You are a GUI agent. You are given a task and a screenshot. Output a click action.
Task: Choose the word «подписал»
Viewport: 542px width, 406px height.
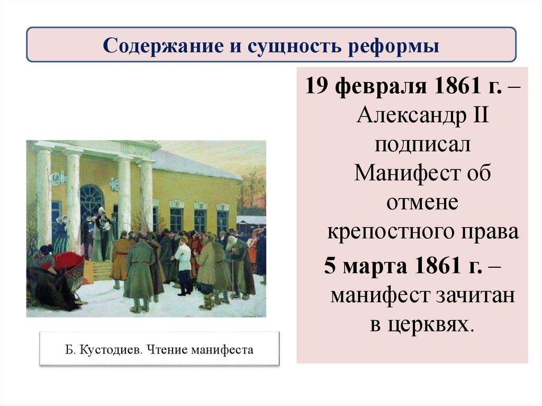coord(421,144)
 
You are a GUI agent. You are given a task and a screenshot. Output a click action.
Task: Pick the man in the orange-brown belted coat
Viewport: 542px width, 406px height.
coord(121,257)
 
